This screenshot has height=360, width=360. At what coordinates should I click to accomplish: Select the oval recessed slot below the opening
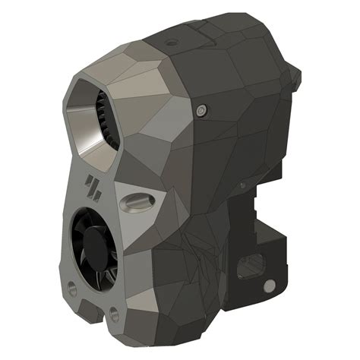tap(137, 201)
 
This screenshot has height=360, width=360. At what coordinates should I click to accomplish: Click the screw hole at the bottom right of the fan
tap(113, 311)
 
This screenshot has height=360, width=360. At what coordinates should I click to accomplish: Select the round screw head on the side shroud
tap(201, 110)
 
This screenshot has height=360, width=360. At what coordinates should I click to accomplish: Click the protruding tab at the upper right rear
tap(297, 74)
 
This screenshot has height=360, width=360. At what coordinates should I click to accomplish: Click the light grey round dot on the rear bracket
tap(267, 286)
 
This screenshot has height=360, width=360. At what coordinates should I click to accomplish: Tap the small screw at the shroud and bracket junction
tap(242, 184)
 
